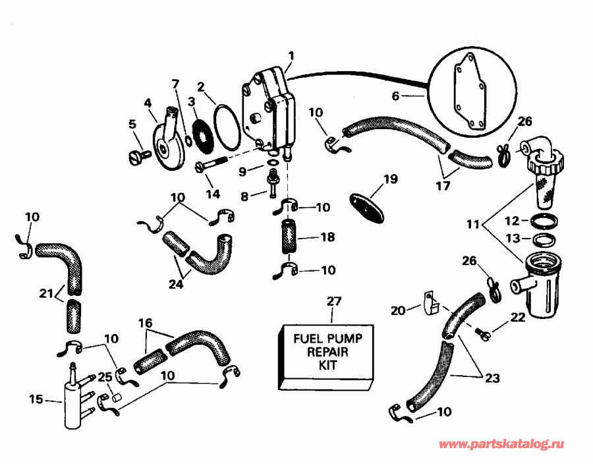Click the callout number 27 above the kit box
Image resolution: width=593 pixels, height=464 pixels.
tap(334, 302)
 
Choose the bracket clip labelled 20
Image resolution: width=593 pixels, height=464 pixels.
tap(430, 304)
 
